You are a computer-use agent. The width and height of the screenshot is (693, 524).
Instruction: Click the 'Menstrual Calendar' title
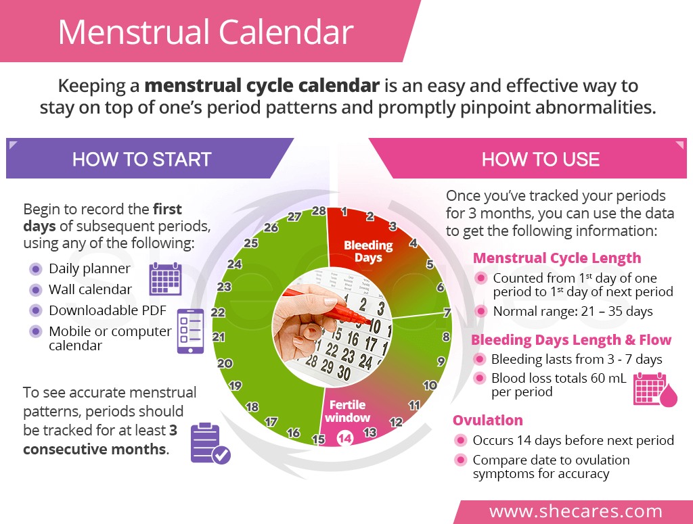point(206,32)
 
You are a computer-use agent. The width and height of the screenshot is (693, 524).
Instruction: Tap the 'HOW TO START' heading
point(142,159)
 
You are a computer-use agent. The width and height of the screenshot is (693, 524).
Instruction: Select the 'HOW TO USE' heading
point(541,159)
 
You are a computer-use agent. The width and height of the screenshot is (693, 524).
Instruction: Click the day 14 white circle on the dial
point(345,438)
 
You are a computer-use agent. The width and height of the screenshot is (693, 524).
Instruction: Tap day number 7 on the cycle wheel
point(447,312)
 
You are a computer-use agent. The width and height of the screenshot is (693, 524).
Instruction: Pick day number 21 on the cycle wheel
point(219,336)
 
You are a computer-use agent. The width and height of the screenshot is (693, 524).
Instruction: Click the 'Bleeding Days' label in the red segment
point(368,251)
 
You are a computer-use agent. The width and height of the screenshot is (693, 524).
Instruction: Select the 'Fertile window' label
point(347,411)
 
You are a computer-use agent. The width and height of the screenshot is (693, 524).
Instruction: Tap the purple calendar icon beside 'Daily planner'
point(165,278)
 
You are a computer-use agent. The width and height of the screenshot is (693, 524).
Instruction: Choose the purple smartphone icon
point(190,331)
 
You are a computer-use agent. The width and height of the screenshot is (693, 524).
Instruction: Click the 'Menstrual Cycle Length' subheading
point(556,258)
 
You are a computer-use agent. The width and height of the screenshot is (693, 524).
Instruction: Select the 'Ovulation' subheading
point(488,420)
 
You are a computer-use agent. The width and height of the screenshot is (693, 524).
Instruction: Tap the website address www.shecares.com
point(576,510)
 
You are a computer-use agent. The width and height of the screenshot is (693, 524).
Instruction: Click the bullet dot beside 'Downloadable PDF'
point(35,310)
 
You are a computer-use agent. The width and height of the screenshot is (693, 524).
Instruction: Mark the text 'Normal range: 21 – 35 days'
point(573,311)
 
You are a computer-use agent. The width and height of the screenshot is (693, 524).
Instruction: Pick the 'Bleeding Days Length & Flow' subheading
point(571,339)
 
